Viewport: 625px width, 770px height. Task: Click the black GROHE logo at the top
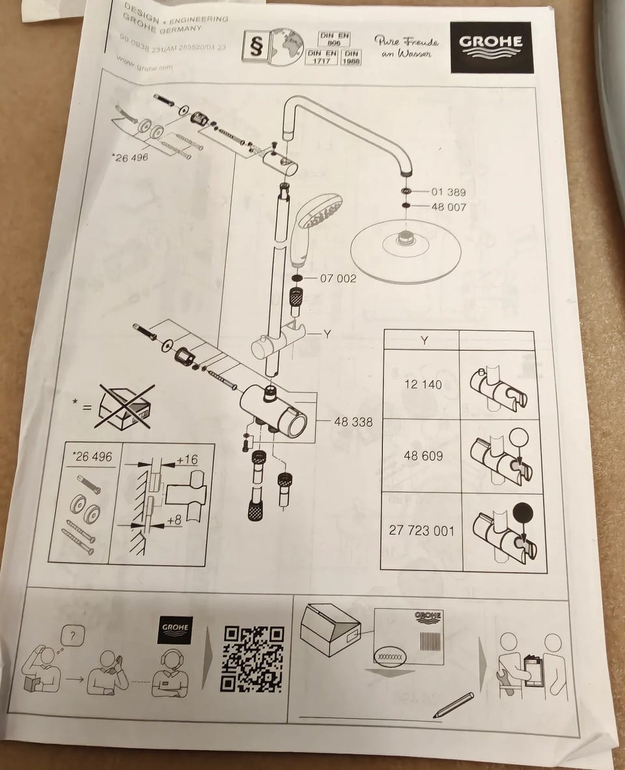(491, 48)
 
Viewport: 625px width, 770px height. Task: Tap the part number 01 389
(449, 192)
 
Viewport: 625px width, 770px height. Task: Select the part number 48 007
(449, 207)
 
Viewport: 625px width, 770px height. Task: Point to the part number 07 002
(339, 279)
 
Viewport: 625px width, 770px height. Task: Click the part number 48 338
(354, 422)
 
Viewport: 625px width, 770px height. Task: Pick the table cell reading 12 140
(423, 384)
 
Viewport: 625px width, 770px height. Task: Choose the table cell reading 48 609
(423, 456)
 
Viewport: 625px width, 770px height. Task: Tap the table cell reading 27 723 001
(421, 530)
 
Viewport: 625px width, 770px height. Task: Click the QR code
(254, 658)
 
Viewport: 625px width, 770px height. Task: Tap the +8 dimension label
(174, 520)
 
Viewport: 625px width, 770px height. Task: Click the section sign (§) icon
(254, 47)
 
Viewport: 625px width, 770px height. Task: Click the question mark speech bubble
(73, 634)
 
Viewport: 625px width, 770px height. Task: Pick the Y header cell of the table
(424, 340)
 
